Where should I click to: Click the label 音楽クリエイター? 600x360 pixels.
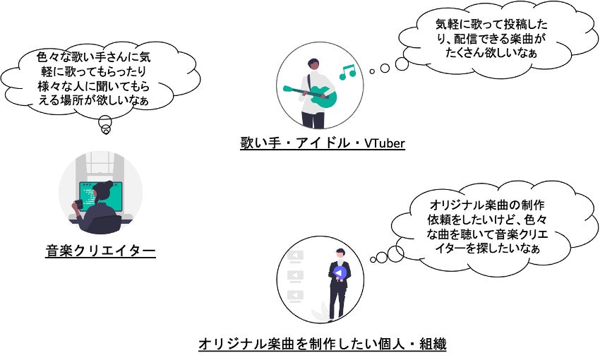(100, 251)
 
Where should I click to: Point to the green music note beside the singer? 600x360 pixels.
(347, 71)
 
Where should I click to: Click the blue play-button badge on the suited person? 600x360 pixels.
(340, 273)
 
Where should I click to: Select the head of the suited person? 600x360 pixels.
(340, 253)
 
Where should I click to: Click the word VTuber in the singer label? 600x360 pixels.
(385, 144)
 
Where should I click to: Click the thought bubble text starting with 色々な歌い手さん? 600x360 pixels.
(93, 80)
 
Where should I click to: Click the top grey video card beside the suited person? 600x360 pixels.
(297, 256)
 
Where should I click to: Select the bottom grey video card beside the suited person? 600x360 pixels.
(297, 295)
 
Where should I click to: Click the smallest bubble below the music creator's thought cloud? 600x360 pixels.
(105, 131)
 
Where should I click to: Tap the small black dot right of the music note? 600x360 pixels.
(371, 71)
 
